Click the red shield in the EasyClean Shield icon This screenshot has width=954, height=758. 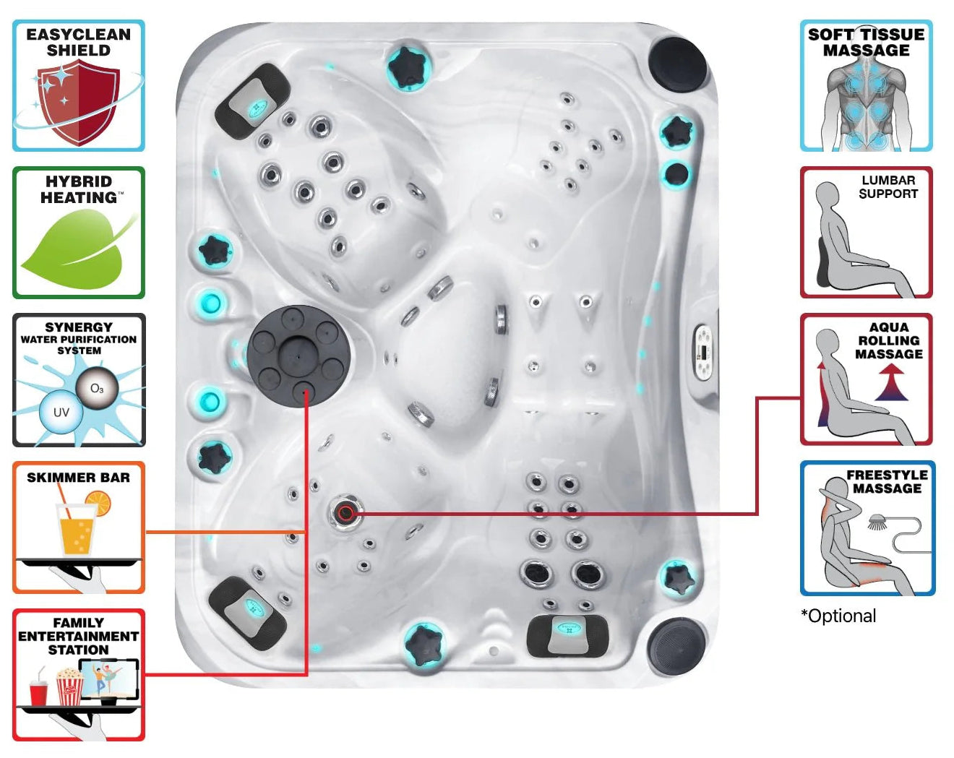[x=78, y=102]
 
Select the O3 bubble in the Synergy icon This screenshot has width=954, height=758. [x=96, y=389]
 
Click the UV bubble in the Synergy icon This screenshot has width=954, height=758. [x=61, y=412]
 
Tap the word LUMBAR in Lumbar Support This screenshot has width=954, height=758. [x=888, y=181]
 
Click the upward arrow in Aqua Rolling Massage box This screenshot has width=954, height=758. [x=890, y=382]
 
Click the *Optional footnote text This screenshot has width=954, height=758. [x=838, y=616]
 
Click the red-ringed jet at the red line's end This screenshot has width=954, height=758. [x=345, y=513]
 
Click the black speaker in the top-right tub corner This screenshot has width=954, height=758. [x=677, y=64]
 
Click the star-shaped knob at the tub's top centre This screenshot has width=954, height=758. [x=409, y=67]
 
